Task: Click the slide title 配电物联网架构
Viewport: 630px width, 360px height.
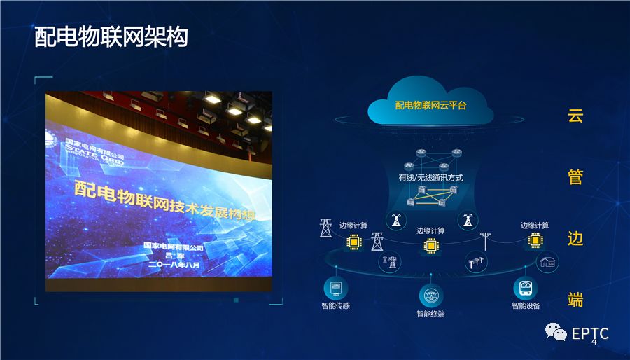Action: click(x=111, y=38)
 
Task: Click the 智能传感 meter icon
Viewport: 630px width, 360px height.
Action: click(x=335, y=289)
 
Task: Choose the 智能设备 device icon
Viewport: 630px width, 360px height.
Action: click(x=526, y=289)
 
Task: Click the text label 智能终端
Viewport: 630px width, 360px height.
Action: click(x=430, y=314)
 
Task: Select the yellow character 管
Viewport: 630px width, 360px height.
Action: click(x=575, y=177)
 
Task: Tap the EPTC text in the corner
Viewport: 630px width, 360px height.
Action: click(x=589, y=333)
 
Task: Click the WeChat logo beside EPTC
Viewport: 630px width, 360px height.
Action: click(x=558, y=333)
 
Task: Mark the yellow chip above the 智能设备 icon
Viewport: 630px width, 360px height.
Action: click(x=535, y=240)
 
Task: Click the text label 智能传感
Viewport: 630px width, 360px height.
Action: click(x=335, y=306)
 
